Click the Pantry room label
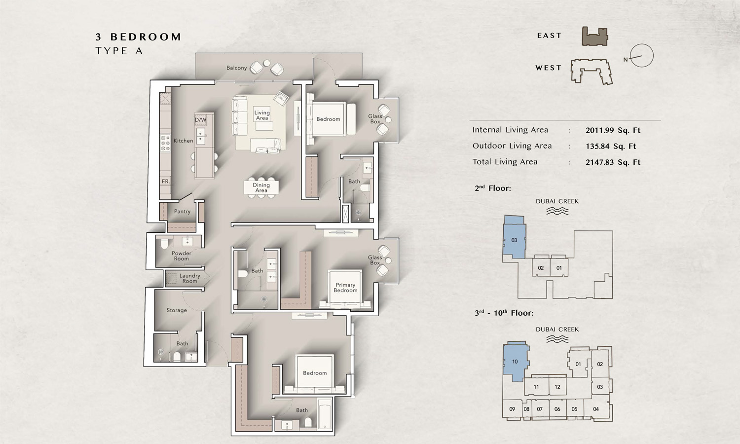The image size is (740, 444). pyautogui.click(x=182, y=212)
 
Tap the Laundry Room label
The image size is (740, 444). pyautogui.click(x=189, y=278)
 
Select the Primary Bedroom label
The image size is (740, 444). pyautogui.click(x=345, y=288)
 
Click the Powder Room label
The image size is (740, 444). pyautogui.click(x=182, y=256)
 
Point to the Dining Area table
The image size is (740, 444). pyautogui.click(x=261, y=187)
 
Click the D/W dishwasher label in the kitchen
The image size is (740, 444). pyautogui.click(x=200, y=119)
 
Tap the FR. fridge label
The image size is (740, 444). pyautogui.click(x=165, y=182)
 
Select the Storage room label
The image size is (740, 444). pyautogui.click(x=177, y=310)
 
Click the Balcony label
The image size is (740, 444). pyautogui.click(x=236, y=68)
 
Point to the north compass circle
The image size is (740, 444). pyautogui.click(x=641, y=55)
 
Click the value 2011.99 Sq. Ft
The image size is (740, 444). pyautogui.click(x=613, y=130)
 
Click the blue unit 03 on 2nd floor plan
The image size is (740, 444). pyautogui.click(x=514, y=240)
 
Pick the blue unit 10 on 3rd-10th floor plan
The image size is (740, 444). pyautogui.click(x=515, y=362)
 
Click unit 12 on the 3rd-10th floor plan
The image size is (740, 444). pyautogui.click(x=557, y=387)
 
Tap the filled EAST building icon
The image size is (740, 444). pyautogui.click(x=594, y=37)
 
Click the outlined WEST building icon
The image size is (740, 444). pyautogui.click(x=592, y=71)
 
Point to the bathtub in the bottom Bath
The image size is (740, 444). pyautogui.click(x=325, y=414)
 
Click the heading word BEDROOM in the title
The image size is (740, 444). pyautogui.click(x=146, y=37)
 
